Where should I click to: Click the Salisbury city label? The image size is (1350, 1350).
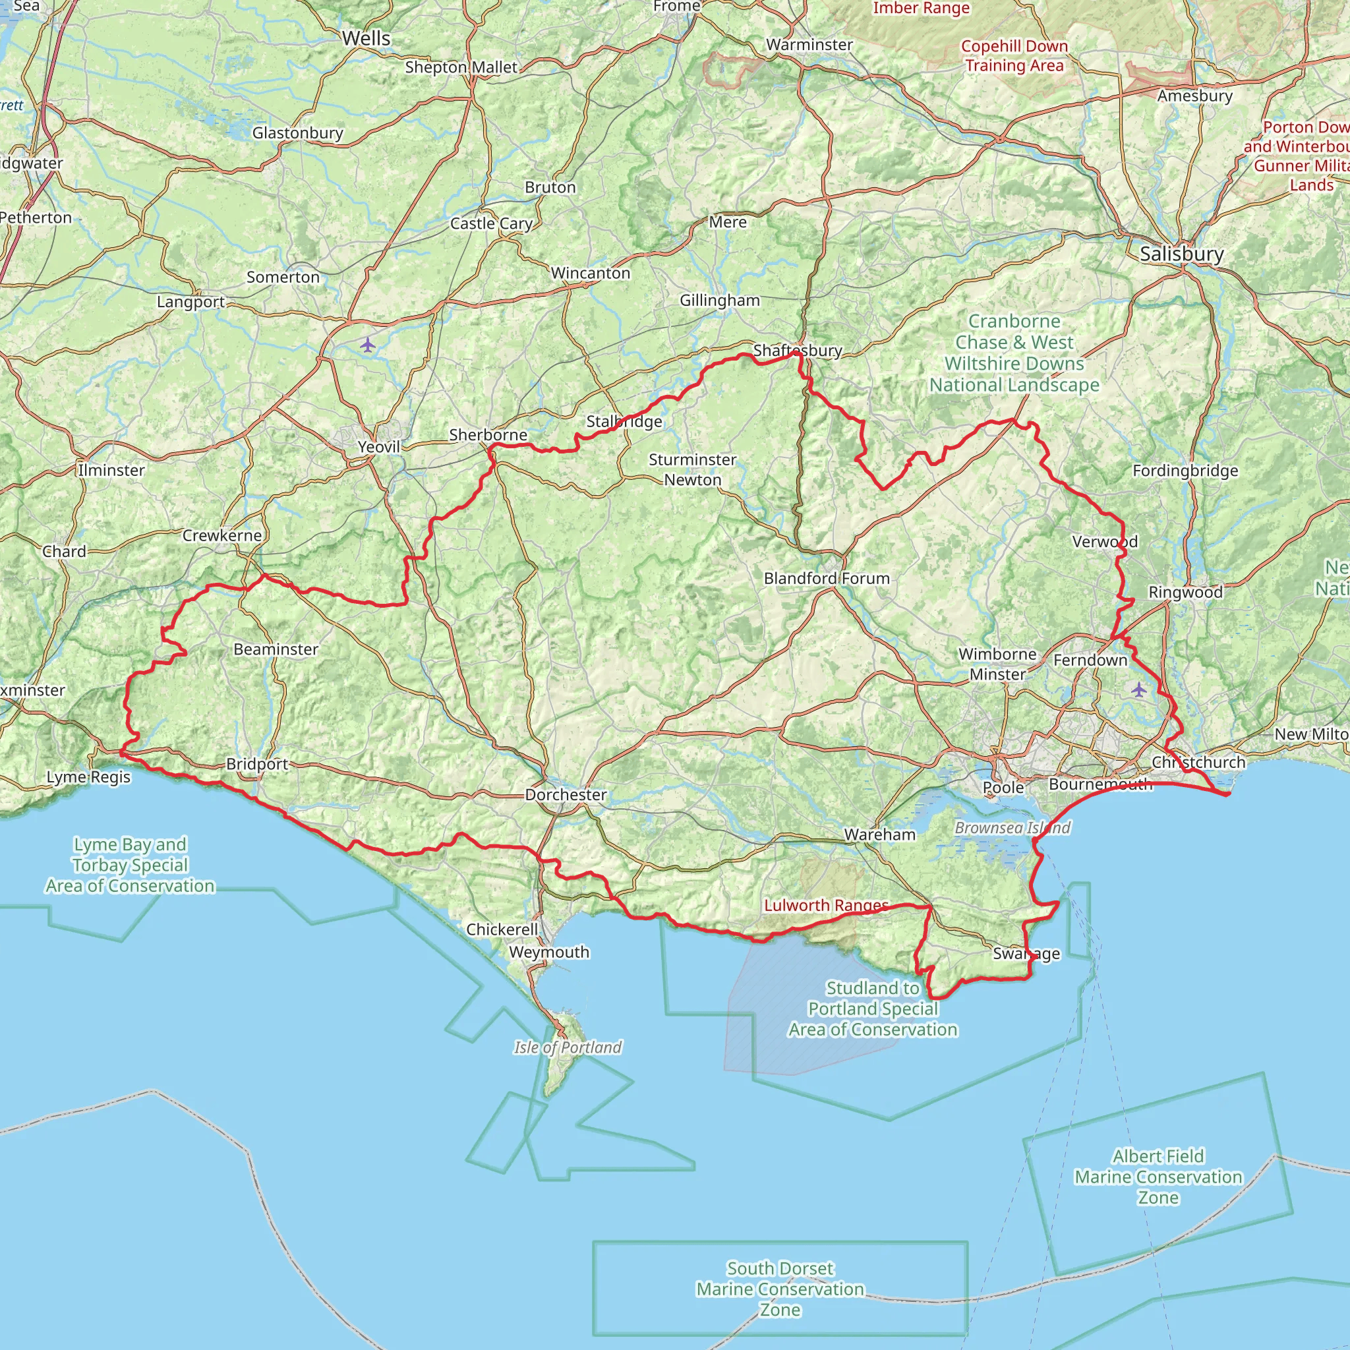click(1182, 254)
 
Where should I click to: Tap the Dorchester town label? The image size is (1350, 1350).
click(566, 794)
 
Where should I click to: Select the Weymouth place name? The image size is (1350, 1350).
click(549, 952)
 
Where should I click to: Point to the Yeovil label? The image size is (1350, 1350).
click(379, 446)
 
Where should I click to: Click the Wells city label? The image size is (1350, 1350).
click(366, 38)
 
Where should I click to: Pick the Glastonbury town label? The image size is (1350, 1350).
click(298, 132)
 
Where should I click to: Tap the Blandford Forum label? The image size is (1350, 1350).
click(827, 579)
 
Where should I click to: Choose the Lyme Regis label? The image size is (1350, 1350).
click(89, 777)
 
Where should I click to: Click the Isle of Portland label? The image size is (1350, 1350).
click(568, 1047)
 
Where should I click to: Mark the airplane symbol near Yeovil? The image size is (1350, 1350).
click(368, 345)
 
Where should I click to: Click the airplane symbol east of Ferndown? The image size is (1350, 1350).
click(1139, 690)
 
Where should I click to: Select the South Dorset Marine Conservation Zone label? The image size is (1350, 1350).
click(780, 1289)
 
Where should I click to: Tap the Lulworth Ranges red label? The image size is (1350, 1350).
click(826, 906)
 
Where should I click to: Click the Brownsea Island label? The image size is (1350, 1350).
click(1012, 828)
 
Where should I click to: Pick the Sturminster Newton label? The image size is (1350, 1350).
click(693, 469)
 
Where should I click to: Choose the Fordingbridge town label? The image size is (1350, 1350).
click(1185, 471)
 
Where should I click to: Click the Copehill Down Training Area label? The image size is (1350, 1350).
click(1014, 56)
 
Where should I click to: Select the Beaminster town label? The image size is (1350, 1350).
click(276, 649)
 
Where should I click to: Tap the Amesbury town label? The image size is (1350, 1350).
click(1195, 96)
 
